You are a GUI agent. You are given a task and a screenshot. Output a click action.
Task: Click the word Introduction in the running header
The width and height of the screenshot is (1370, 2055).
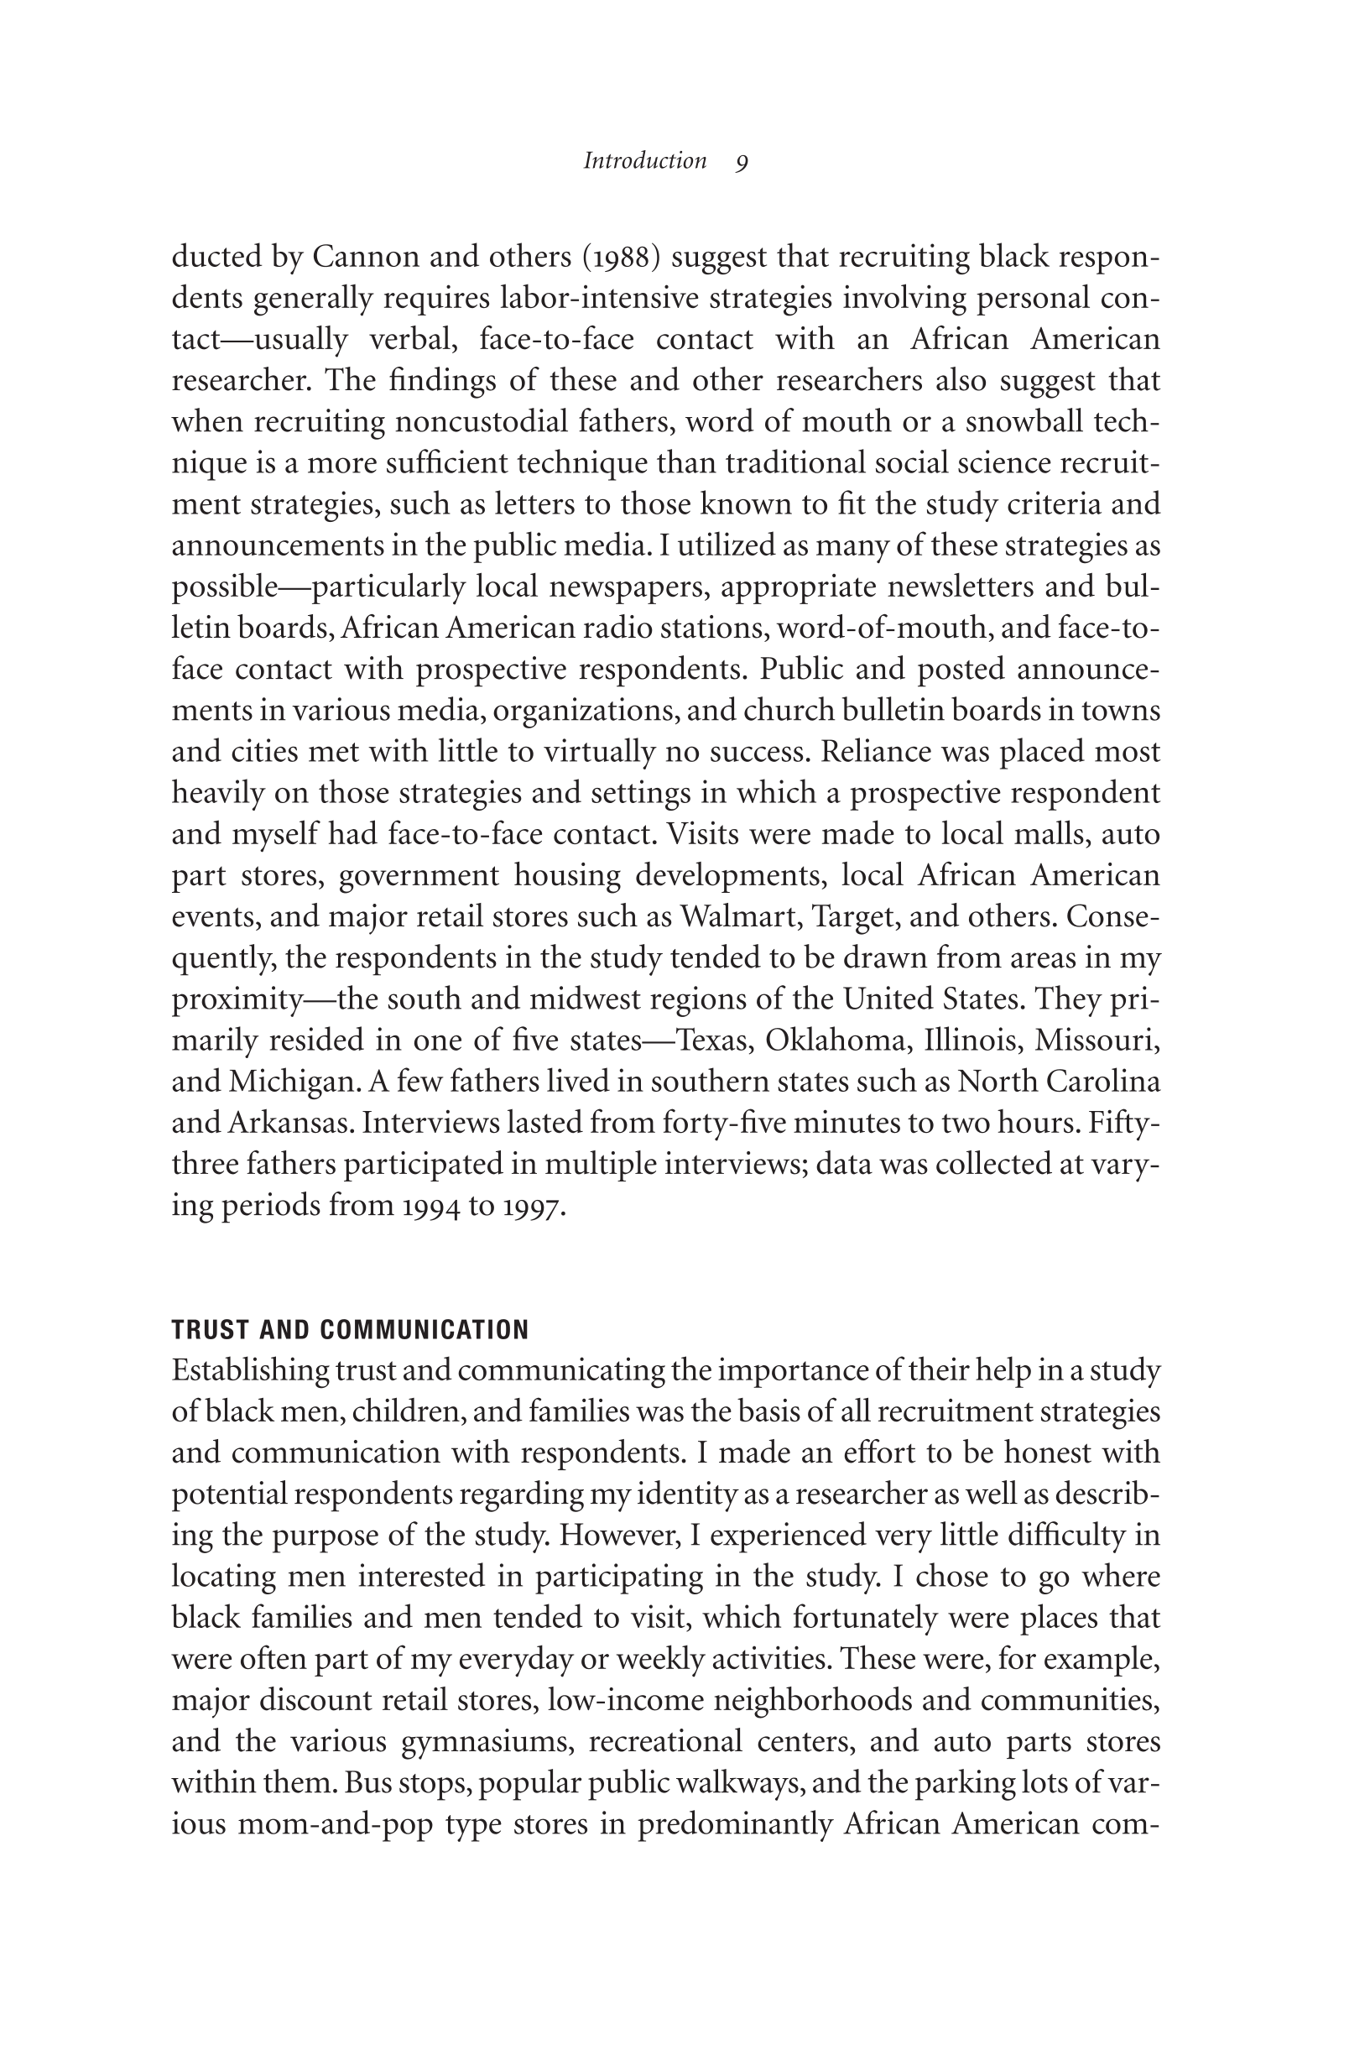pos(645,162)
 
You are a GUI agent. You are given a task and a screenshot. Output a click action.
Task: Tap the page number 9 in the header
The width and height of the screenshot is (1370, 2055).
pos(742,163)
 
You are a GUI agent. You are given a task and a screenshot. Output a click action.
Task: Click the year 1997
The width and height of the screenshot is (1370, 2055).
pos(533,1206)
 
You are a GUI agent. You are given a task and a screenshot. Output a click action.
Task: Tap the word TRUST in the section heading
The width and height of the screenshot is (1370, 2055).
pos(205,1330)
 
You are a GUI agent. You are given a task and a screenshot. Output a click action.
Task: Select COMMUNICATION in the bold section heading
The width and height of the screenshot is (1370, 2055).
pos(425,1330)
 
